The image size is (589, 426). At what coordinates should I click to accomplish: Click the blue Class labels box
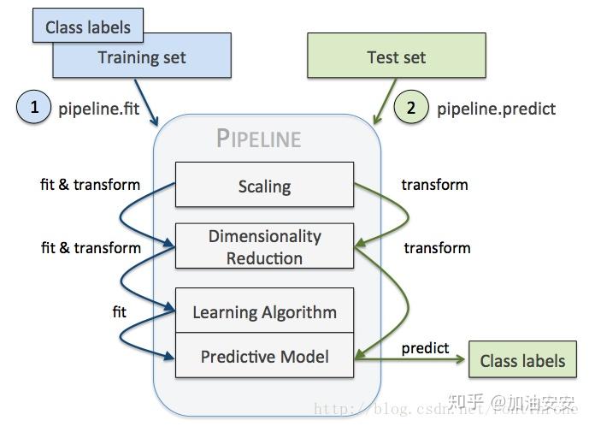pos(88,27)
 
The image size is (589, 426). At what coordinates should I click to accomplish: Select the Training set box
pos(142,58)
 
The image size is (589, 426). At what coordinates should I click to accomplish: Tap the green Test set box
pos(397,57)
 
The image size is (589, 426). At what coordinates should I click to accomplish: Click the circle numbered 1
pos(35,108)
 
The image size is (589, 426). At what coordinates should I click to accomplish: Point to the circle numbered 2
pos(411,108)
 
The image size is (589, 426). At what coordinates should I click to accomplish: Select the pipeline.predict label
pos(496,109)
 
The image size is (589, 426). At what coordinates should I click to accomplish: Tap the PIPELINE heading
pos(258,138)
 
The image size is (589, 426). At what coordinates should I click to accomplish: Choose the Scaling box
pos(264,186)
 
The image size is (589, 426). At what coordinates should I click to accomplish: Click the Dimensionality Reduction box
pos(264,246)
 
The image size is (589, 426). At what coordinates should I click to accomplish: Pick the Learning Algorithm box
pos(264,311)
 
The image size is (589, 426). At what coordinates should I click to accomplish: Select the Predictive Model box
pos(264,356)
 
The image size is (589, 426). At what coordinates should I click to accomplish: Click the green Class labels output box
pos(522,360)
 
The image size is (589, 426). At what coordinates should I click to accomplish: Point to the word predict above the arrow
pos(425,347)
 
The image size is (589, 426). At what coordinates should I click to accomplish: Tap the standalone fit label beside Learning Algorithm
pos(119,312)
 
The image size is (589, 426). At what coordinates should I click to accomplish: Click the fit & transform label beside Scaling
pos(90,184)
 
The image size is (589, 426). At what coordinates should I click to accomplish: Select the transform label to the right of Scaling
pos(435,184)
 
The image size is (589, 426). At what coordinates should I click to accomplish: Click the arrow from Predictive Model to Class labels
pos(410,360)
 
